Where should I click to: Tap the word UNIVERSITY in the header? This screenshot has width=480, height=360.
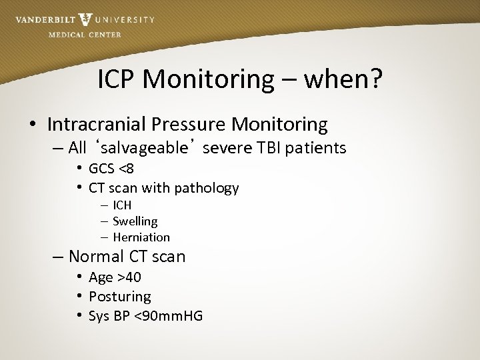(125, 20)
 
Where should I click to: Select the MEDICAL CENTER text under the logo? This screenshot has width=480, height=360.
(85, 35)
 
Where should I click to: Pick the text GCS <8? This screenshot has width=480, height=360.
(111, 169)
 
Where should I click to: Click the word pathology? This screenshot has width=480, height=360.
(207, 188)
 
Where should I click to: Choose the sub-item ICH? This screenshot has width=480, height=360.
(122, 205)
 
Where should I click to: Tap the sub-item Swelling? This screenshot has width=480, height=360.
(135, 221)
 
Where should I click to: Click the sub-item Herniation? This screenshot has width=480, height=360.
(141, 237)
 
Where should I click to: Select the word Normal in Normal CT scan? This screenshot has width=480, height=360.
(97, 257)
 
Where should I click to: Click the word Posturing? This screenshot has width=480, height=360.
(120, 296)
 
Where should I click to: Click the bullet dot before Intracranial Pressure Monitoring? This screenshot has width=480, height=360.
(32, 125)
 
